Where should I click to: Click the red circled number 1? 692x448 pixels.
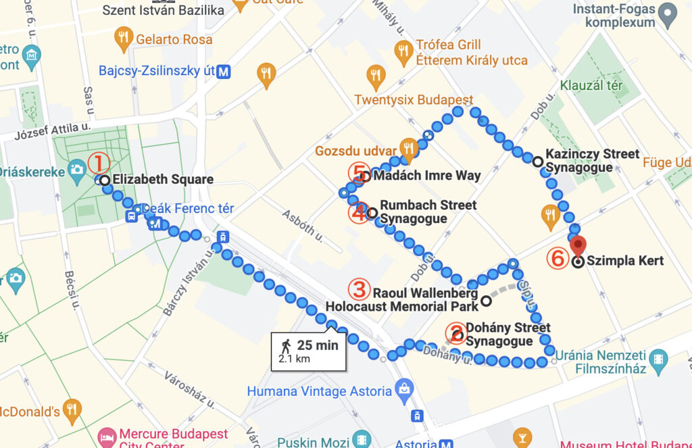[x=99, y=163]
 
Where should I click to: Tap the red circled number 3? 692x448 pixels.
[x=360, y=289]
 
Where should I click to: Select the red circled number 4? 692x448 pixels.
[x=359, y=212]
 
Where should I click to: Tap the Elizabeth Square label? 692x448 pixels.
[x=163, y=180]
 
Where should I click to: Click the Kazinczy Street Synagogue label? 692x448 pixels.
[x=592, y=161]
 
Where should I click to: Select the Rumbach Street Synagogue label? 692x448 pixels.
[x=428, y=211]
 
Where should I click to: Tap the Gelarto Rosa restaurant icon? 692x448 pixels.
[x=123, y=39]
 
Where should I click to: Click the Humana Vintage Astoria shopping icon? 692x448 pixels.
[x=403, y=390]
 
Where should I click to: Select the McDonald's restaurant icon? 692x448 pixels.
[x=72, y=409]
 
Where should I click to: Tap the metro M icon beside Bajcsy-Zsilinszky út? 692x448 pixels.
[x=224, y=71]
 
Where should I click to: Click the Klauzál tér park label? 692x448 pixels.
[x=591, y=86]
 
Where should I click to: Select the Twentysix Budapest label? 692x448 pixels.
[x=414, y=100]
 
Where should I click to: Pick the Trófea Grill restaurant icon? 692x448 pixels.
[x=403, y=52]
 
